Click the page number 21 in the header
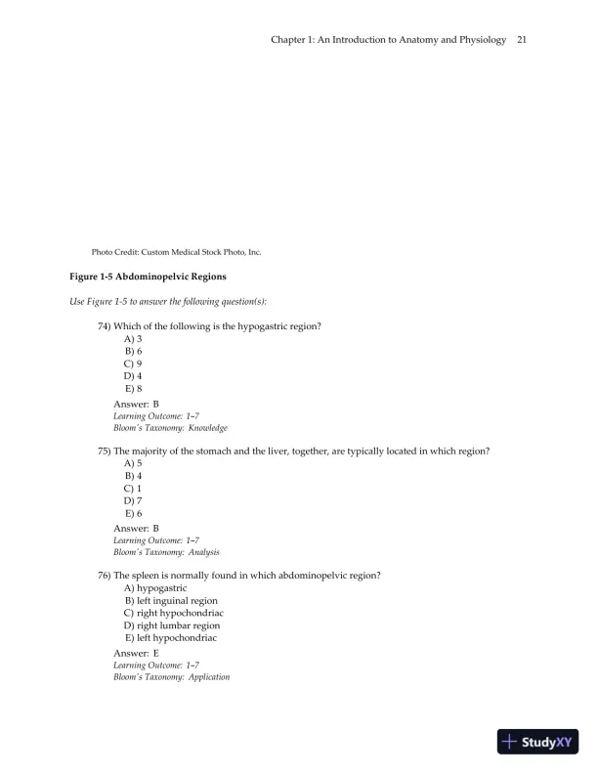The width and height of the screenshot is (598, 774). point(522,40)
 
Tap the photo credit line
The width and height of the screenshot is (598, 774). point(176,252)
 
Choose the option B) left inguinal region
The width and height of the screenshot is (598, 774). point(171,601)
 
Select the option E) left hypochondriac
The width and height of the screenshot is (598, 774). point(170,638)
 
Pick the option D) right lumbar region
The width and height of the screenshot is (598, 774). point(172,625)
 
